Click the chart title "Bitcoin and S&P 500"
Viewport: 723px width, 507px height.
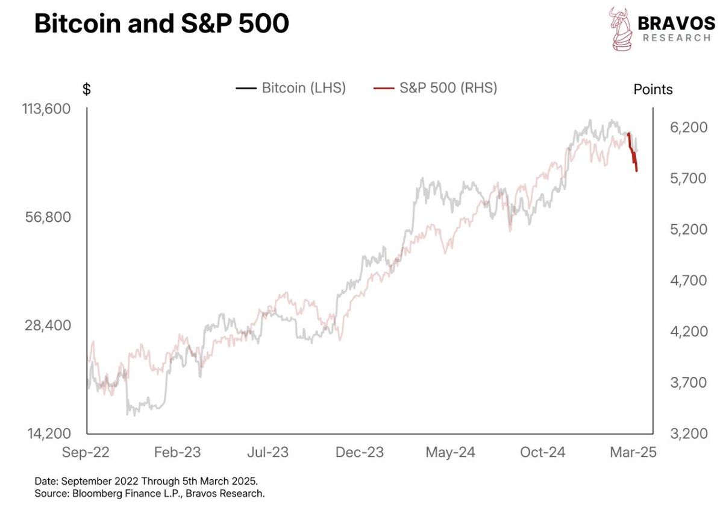coord(161,24)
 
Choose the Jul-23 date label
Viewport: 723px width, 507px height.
coord(269,452)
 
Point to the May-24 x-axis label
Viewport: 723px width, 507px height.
coord(451,452)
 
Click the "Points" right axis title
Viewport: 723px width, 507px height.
coord(653,90)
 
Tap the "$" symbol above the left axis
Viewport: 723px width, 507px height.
coord(87,90)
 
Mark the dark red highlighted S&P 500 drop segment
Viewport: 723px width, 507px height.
coord(633,154)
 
